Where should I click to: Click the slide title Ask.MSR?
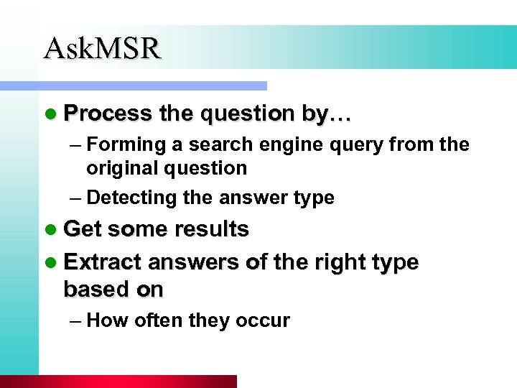[102, 48]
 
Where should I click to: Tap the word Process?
[108, 114]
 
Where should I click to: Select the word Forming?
[125, 145]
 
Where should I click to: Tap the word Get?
[83, 229]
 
